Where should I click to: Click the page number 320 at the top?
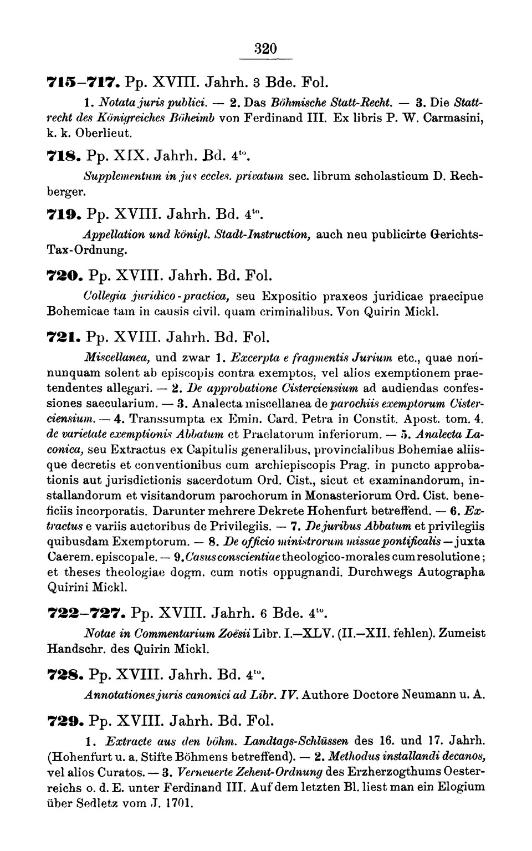click(266, 48)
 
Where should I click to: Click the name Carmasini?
click(453, 118)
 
